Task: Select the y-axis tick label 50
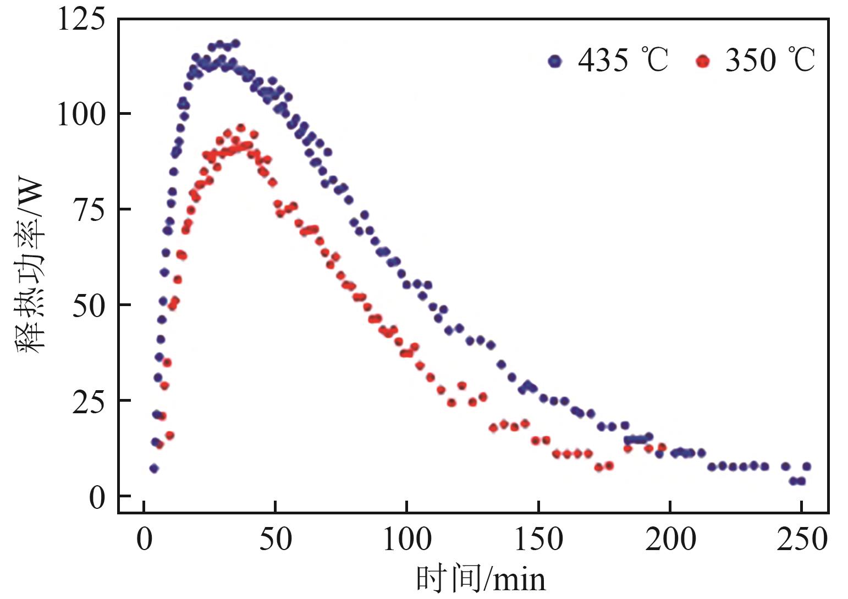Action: click(x=88, y=305)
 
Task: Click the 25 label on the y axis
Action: click(x=88, y=401)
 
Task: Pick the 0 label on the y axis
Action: click(x=96, y=496)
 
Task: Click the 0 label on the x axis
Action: click(x=144, y=540)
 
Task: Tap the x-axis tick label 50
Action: click(x=275, y=540)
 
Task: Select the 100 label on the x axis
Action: click(x=406, y=540)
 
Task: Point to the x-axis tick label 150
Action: click(x=538, y=540)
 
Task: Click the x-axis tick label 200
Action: click(x=669, y=540)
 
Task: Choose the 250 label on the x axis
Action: click(x=801, y=540)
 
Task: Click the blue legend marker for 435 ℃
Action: click(x=555, y=61)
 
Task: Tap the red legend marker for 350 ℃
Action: click(x=702, y=61)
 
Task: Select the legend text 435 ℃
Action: click(x=623, y=60)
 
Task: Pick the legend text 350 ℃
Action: click(x=770, y=60)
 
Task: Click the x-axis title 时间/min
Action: click(x=481, y=579)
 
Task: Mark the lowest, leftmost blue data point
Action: click(x=154, y=468)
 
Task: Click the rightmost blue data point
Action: click(x=807, y=467)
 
